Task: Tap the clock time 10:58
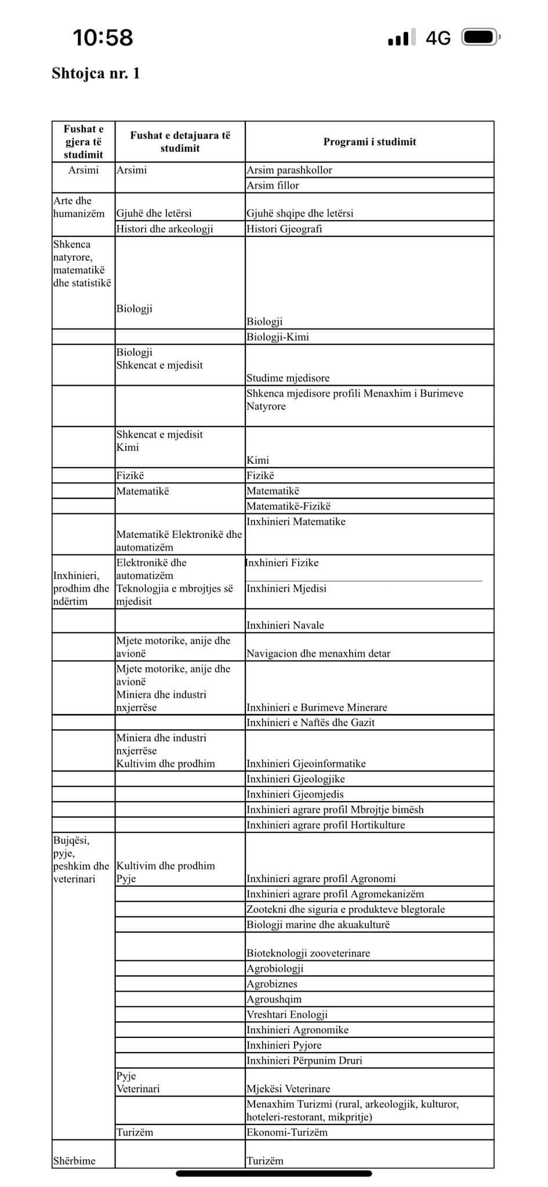(x=103, y=38)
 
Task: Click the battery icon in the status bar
(x=480, y=38)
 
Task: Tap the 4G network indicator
(x=438, y=38)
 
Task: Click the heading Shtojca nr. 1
(x=96, y=74)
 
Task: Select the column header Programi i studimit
(x=369, y=142)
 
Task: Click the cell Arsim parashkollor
(x=289, y=170)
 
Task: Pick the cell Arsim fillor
(x=273, y=185)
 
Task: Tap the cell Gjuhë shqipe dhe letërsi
(x=300, y=213)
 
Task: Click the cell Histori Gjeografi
(x=284, y=229)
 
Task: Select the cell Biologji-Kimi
(x=278, y=337)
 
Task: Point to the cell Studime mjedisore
(x=288, y=378)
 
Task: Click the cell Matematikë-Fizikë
(x=289, y=507)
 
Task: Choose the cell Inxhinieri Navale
(x=285, y=625)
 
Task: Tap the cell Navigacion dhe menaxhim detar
(x=318, y=654)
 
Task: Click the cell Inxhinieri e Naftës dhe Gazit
(x=311, y=723)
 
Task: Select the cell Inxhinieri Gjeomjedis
(x=295, y=795)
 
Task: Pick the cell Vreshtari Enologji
(x=287, y=1015)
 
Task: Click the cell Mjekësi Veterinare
(x=288, y=1089)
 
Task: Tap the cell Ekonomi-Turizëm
(x=287, y=1133)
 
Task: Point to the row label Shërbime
(x=74, y=1161)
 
